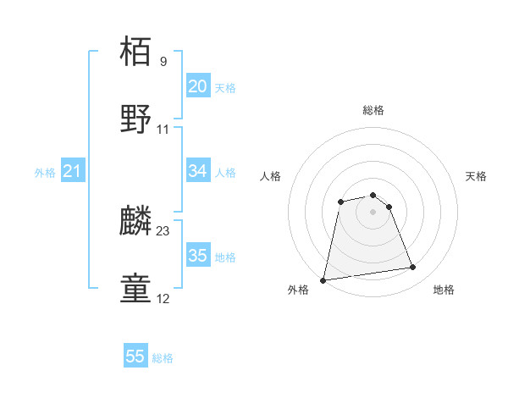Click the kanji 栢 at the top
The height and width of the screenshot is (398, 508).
[x=135, y=51]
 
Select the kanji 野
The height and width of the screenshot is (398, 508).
[x=135, y=119]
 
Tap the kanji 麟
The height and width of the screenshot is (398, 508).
[x=135, y=220]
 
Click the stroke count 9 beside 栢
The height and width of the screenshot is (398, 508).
[x=163, y=61]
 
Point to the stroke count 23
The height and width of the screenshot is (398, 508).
[x=163, y=230]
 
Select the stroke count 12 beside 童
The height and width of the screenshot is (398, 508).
[x=163, y=299]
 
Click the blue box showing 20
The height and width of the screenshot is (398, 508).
[x=197, y=86]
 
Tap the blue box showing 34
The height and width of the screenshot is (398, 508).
[x=197, y=171]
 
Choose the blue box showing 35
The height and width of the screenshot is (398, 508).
[x=197, y=256]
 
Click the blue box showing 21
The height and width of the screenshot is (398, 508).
[x=72, y=171]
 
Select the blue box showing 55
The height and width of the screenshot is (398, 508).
[x=135, y=357]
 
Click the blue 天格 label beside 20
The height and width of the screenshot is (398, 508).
[x=224, y=88]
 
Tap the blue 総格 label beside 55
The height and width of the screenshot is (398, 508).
[x=163, y=358]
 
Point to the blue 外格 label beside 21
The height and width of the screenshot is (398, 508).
[x=45, y=173]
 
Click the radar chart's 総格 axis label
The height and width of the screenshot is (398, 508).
[x=373, y=110]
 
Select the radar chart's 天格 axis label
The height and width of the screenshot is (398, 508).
[x=476, y=176]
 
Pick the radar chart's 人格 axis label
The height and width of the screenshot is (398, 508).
[x=271, y=176]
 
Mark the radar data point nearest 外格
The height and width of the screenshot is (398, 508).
[x=323, y=279]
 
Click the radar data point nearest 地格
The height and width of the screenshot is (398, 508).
[x=413, y=268]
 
